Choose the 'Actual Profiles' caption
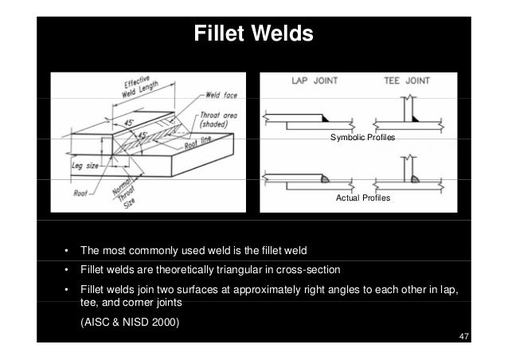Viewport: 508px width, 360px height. (363, 197)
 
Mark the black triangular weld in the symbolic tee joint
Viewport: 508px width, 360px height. (416, 118)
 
